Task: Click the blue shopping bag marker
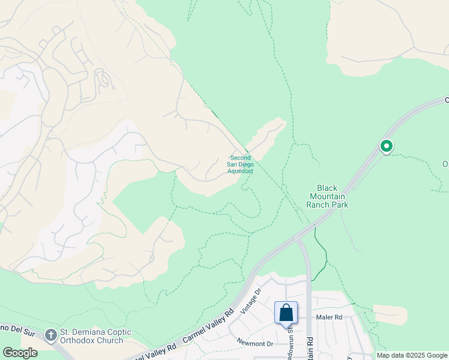point(286,313)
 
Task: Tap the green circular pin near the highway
point(387,146)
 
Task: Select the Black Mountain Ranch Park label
point(327,196)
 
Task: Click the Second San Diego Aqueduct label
point(240,164)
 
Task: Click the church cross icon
point(52,333)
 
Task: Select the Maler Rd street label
point(329,317)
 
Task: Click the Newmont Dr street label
point(255,344)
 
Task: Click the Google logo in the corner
point(20,353)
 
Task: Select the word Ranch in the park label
point(319,205)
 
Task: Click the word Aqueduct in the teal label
point(240,171)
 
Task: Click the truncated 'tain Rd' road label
point(310,346)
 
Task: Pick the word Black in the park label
point(319,188)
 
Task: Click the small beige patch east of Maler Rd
point(390,315)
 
